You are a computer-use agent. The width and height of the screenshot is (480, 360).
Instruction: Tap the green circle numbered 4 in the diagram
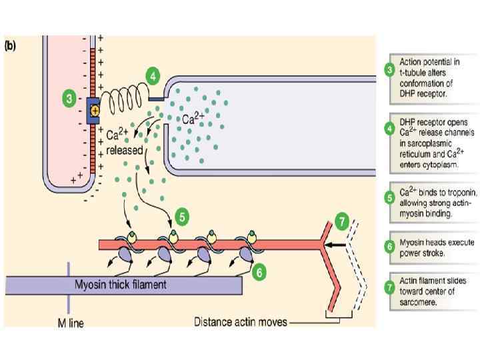(x=153, y=76)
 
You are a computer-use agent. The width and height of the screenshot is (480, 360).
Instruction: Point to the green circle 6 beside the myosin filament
(x=261, y=272)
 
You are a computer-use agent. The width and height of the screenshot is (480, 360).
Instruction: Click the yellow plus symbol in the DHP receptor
(x=94, y=109)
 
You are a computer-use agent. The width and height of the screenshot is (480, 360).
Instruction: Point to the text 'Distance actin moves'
(x=241, y=322)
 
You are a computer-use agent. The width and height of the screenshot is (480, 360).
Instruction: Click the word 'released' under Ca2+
(x=125, y=150)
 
